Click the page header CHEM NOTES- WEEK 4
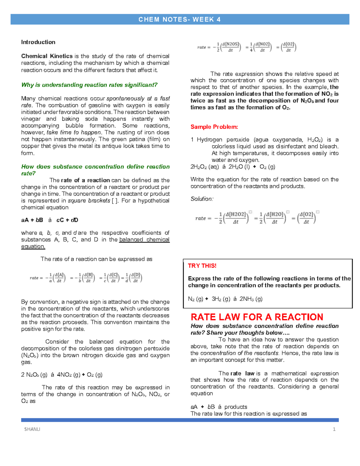[x=179, y=20]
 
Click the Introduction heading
[x=38, y=42]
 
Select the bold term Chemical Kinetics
[x=47, y=56]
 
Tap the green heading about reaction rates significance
[x=89, y=85]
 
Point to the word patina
[x=137, y=139]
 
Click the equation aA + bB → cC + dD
[x=49, y=220]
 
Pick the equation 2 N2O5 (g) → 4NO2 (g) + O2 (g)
[x=62, y=375]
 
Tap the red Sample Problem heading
[x=214, y=127]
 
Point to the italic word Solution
[x=202, y=199]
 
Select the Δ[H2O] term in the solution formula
[x=274, y=218]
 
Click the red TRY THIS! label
[x=202, y=266]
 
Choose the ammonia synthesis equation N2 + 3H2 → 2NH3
[x=225, y=299]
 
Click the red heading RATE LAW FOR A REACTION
[x=257, y=317]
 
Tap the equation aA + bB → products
[x=219, y=407]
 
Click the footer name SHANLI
[x=32, y=429]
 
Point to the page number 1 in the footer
[x=334, y=429]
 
